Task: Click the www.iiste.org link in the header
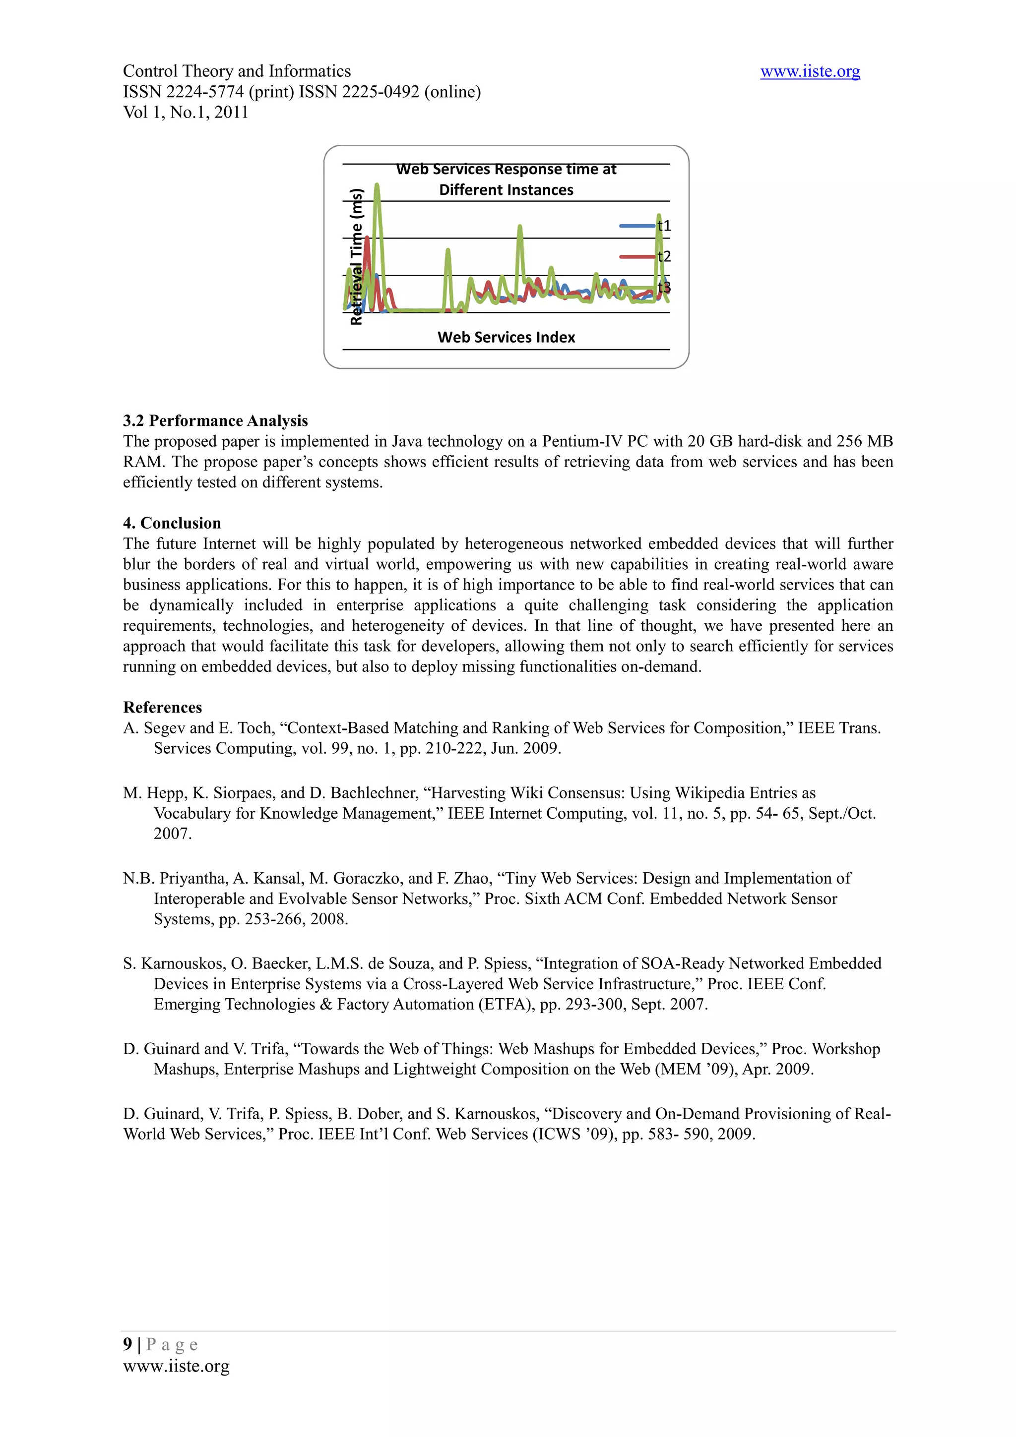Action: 810,72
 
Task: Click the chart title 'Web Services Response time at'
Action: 506,169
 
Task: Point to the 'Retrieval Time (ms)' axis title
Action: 356,257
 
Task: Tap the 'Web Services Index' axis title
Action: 506,337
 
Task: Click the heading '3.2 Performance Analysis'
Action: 215,420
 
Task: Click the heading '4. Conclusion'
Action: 172,523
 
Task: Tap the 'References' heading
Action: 163,707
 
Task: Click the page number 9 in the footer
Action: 127,1344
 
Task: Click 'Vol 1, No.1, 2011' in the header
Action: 186,113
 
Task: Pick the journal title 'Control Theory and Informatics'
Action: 237,71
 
